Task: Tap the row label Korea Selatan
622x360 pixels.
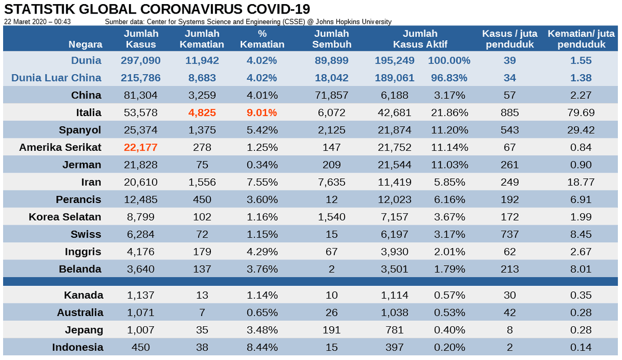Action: click(65, 217)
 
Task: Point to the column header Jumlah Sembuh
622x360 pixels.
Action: click(331, 39)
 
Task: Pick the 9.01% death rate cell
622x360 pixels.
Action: click(262, 112)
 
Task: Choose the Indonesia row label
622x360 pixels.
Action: click(77, 347)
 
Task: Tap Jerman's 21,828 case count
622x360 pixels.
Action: click(141, 165)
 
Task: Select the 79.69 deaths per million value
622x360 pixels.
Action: click(581, 112)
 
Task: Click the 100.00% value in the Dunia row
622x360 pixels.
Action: click(449, 61)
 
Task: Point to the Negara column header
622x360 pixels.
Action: click(86, 45)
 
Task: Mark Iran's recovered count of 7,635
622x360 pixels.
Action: click(331, 182)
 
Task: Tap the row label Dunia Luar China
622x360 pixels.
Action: click(56, 78)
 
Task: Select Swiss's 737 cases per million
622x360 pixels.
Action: click(510, 234)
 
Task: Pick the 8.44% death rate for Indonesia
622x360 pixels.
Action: click(262, 347)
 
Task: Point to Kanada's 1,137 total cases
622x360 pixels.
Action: click(141, 295)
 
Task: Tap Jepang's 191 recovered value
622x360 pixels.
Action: click(331, 330)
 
